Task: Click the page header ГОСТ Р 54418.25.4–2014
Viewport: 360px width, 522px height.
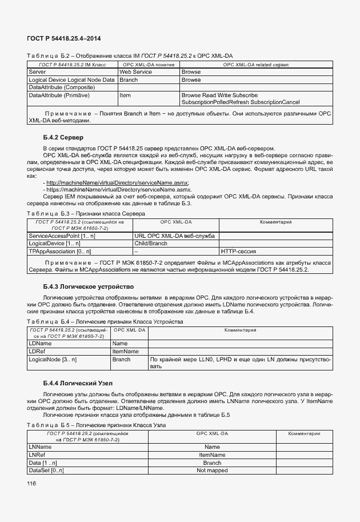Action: pyautogui.click(x=64, y=39)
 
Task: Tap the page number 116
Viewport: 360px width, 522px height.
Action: pyautogui.click(x=31, y=484)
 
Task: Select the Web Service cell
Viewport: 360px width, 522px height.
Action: pyautogui.click(x=135, y=73)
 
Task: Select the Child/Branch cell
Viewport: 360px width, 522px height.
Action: pyautogui.click(x=150, y=243)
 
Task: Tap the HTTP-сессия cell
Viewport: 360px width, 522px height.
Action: pyautogui.click(x=238, y=251)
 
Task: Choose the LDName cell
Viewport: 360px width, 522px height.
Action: pyautogui.click(x=41, y=344)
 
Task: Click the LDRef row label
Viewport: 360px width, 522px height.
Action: pyautogui.click(x=37, y=351)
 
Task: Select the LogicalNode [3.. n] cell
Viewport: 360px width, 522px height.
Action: pyautogui.click(x=53, y=360)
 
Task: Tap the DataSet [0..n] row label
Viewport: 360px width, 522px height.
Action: pyautogui.click(x=46, y=470)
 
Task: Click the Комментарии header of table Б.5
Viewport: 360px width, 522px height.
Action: pyautogui.click(x=303, y=434)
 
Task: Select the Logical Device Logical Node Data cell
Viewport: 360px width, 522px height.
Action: pyautogui.click(x=71, y=80)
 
